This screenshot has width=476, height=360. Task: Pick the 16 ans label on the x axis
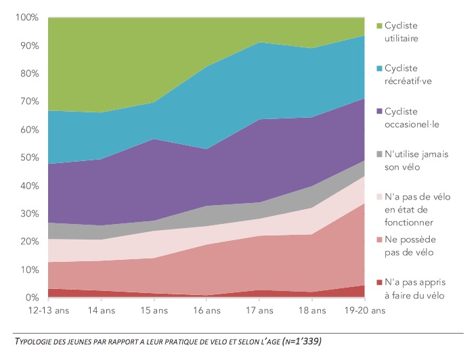tap(207, 311)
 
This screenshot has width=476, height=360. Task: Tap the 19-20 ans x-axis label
tap(365, 311)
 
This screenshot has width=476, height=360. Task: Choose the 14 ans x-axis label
tap(101, 311)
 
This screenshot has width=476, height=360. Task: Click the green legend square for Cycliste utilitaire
tap(379, 26)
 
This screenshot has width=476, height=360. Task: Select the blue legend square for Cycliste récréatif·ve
tap(379, 68)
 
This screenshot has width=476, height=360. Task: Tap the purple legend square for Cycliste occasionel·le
tap(379, 111)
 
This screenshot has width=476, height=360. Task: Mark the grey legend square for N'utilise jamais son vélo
tap(379, 154)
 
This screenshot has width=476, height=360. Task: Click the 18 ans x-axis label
tap(313, 311)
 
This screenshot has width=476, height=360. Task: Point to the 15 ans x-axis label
tap(154, 311)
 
